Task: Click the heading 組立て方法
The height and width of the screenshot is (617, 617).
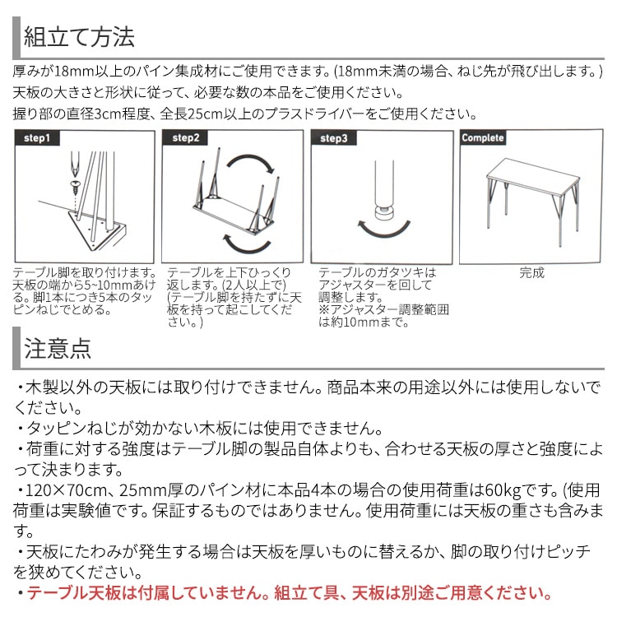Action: click(79, 38)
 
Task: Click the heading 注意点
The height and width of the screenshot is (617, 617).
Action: click(58, 348)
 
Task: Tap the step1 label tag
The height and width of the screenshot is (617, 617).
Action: click(39, 138)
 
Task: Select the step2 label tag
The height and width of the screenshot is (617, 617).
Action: click(186, 138)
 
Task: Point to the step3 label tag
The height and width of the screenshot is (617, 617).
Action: click(333, 138)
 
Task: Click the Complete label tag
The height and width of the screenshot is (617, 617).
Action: click(483, 138)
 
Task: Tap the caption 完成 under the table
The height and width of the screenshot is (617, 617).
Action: click(531, 273)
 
